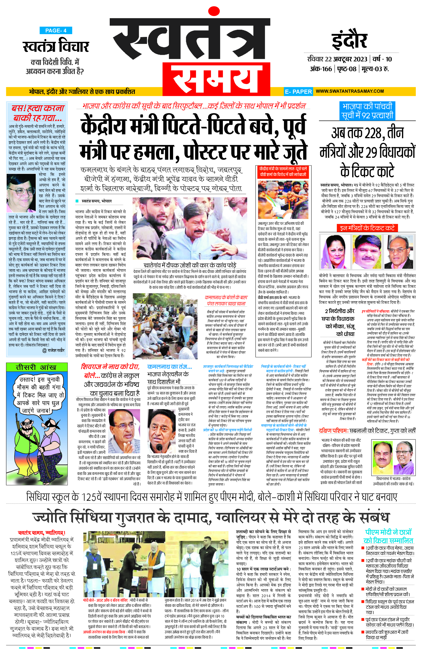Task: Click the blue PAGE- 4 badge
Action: pos(56,30)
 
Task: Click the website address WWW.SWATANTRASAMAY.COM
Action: pos(349,91)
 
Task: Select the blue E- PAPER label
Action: pos(298,92)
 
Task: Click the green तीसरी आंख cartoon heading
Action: pos(37,367)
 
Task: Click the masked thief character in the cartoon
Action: pos(51,441)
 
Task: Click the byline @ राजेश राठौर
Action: pos(53,350)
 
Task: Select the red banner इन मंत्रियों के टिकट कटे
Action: pos(367,228)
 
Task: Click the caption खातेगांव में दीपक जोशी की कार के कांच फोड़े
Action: pos(190,265)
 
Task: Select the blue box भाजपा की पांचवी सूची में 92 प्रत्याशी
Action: pos(367,111)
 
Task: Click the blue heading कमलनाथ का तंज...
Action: pos(169,366)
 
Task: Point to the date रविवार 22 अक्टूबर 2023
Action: pos(337,59)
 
